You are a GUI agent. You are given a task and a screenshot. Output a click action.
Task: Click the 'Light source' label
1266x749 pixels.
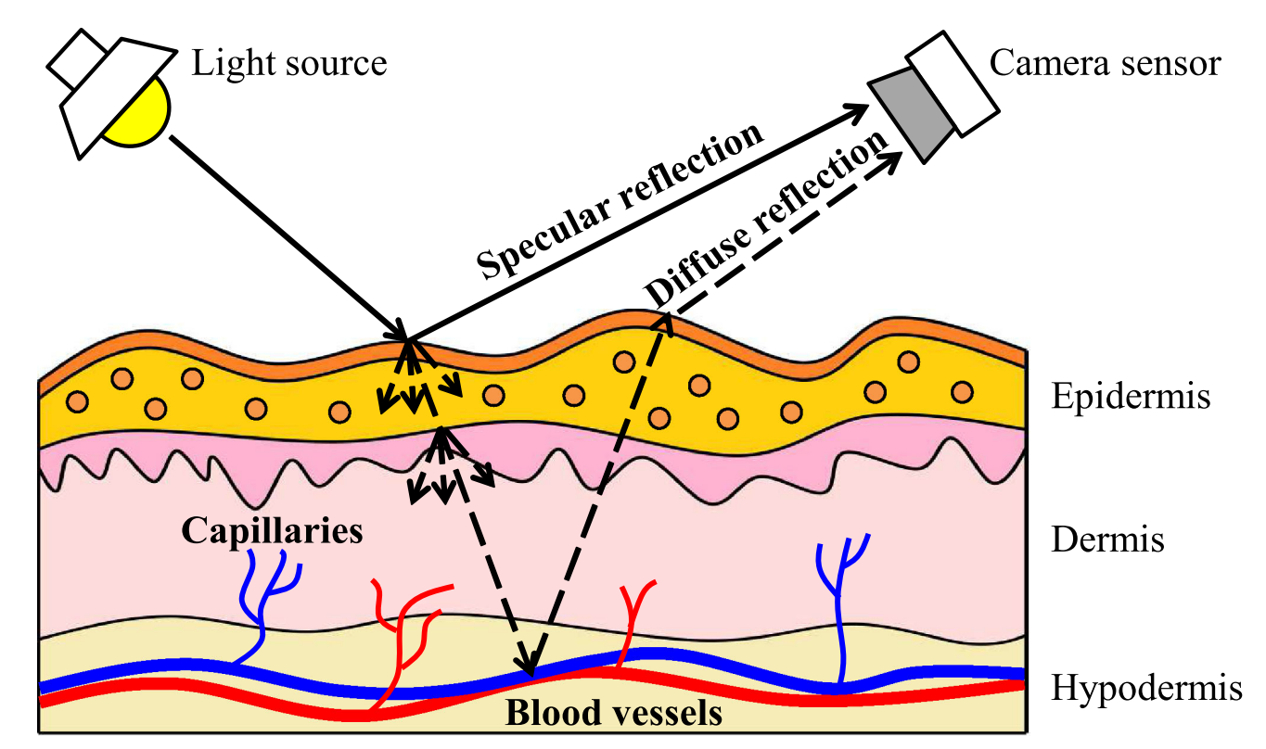[288, 63]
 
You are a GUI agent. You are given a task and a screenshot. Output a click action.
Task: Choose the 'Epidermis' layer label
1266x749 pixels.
[1131, 397]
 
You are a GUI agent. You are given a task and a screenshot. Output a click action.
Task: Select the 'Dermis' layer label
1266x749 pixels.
[1107, 539]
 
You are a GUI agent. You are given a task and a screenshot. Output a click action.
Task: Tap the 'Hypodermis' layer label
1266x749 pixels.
[1146, 689]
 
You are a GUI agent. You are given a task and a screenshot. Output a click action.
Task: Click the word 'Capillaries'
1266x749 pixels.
[271, 531]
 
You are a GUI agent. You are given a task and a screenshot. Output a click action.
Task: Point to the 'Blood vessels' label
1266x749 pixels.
[613, 714]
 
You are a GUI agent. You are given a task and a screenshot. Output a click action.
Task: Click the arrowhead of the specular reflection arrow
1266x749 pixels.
[859, 109]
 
